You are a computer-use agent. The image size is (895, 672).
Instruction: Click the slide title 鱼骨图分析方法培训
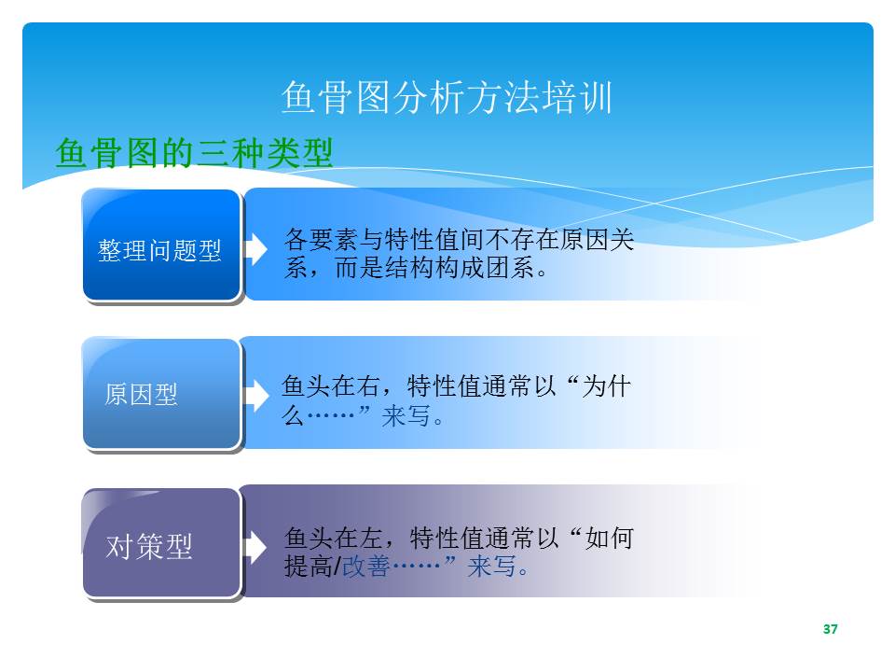click(x=447, y=97)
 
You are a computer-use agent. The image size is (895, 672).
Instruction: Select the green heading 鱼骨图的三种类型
click(x=194, y=153)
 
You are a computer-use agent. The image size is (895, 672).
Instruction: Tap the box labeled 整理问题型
click(x=161, y=245)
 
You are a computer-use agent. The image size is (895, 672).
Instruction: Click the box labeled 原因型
click(x=161, y=394)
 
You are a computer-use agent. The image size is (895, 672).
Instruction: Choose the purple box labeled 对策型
click(x=161, y=543)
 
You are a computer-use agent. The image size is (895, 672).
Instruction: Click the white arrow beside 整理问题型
click(x=255, y=248)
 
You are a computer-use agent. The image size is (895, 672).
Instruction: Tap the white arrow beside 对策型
click(x=255, y=546)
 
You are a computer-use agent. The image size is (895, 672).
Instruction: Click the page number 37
click(x=831, y=629)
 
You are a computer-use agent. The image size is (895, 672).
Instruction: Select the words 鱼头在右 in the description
click(x=330, y=386)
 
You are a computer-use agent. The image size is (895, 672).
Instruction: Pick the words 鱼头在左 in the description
click(x=334, y=539)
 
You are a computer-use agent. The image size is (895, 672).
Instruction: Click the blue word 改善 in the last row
click(x=365, y=567)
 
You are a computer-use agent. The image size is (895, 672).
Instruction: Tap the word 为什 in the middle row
click(x=607, y=386)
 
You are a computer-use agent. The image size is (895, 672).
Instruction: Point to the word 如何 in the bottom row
click(x=610, y=539)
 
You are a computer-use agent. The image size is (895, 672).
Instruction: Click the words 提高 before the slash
click(x=309, y=567)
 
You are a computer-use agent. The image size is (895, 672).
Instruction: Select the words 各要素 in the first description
click(x=322, y=240)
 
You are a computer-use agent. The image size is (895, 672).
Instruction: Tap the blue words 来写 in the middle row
click(x=406, y=415)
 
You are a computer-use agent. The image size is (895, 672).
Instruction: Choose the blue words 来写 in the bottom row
click(x=491, y=567)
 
